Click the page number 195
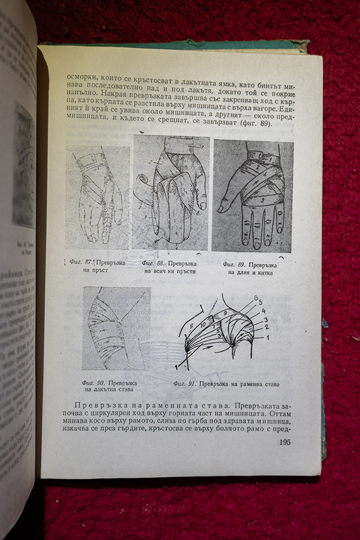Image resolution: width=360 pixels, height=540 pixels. point(285,443)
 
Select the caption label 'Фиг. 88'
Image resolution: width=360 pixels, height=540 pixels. point(153,263)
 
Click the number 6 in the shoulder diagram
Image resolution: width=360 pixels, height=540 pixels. point(256,298)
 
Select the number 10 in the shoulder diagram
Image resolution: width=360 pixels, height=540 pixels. point(203,324)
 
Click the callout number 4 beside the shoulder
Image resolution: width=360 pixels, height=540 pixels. point(264,311)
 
